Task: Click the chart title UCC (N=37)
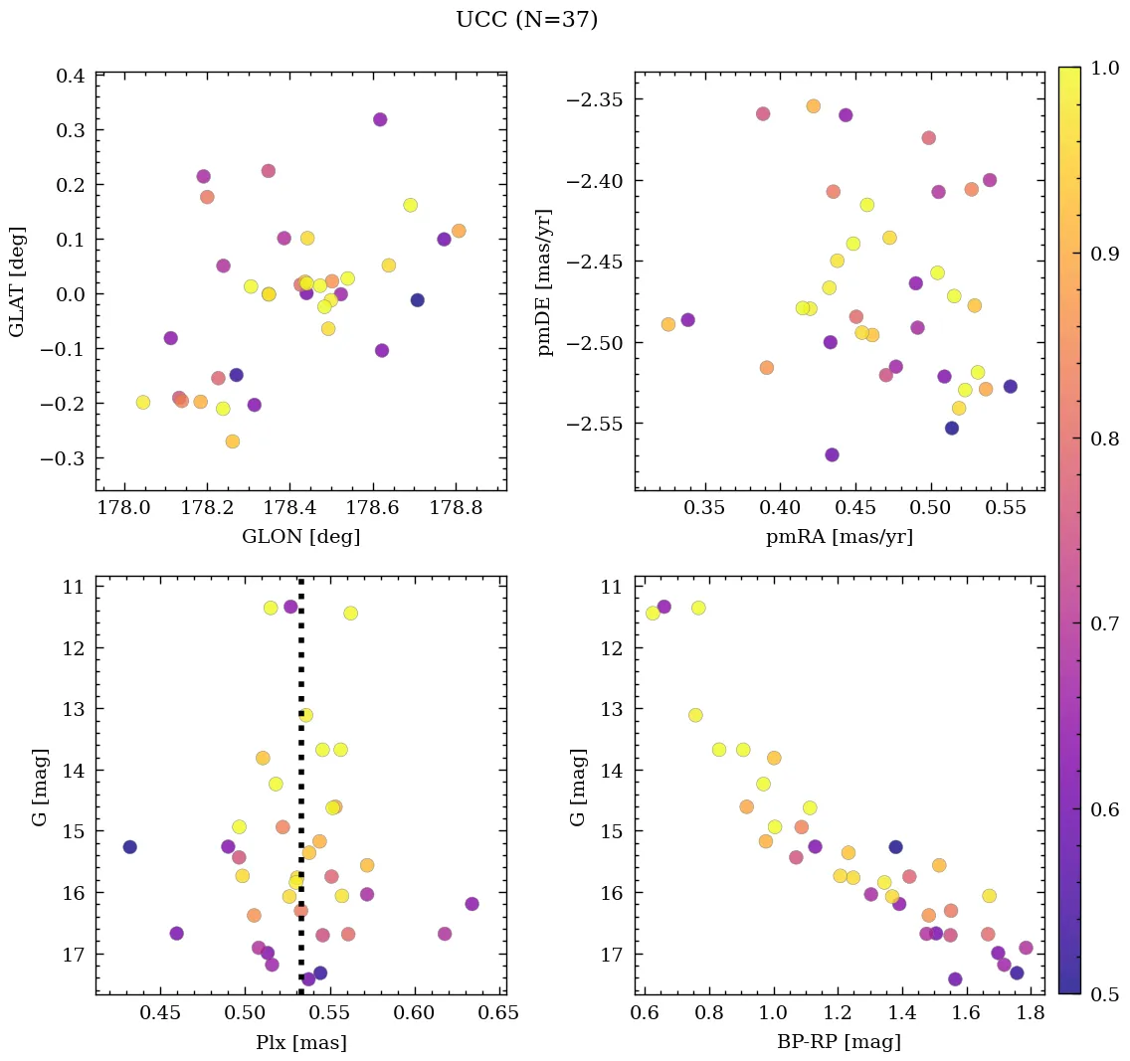pyautogui.click(x=526, y=20)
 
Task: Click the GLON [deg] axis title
pyautogui.click(x=300, y=537)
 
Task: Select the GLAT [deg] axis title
pyautogui.click(x=17, y=281)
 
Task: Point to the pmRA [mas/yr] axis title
pyautogui.click(x=839, y=537)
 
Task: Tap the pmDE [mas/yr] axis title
pyautogui.click(x=544, y=281)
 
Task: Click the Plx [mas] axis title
pyautogui.click(x=300, y=1042)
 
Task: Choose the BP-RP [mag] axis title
pyautogui.click(x=839, y=1042)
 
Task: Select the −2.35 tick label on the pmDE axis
pyautogui.click(x=593, y=99)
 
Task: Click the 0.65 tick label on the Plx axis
pyautogui.click(x=499, y=1014)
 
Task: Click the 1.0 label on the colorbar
pyautogui.click(x=1105, y=68)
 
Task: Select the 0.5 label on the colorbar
pyautogui.click(x=1105, y=993)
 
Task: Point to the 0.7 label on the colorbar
pyautogui.click(x=1105, y=623)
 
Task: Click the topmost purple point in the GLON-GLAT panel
pyautogui.click(x=380, y=119)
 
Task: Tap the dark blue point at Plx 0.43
pyautogui.click(x=129, y=847)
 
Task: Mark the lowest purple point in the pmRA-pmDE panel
pyautogui.click(x=832, y=454)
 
